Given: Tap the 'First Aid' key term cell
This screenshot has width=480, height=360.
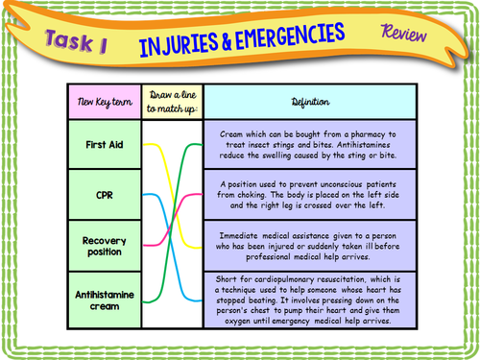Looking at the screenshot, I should pos(102,145).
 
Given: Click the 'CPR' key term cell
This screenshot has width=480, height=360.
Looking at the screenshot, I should pos(102,195).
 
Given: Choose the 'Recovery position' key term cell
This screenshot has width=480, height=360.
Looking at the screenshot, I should pos(102,245).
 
